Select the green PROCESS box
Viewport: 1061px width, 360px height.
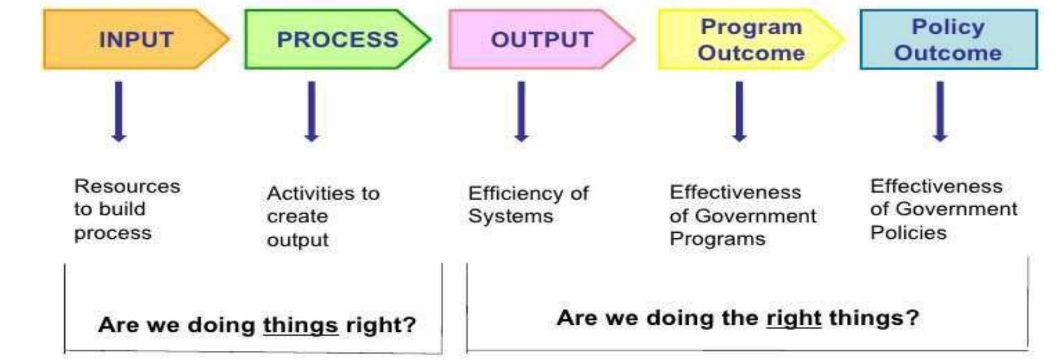[x=337, y=40]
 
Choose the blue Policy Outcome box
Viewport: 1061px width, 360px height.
[x=948, y=40]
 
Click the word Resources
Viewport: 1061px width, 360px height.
[x=127, y=186]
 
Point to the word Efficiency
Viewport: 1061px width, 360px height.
[x=515, y=193]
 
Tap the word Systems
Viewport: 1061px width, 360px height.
[x=510, y=216]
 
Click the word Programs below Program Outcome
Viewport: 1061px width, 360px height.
[x=717, y=239]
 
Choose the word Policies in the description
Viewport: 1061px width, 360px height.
[x=908, y=232]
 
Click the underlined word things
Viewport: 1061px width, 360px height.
[x=300, y=325]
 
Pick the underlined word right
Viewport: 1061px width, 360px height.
[x=793, y=318]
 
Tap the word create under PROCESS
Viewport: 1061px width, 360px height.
[x=297, y=216]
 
